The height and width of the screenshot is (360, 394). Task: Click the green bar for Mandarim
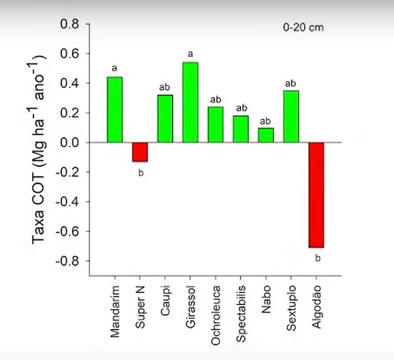point(115,109)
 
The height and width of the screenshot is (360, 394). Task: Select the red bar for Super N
point(140,152)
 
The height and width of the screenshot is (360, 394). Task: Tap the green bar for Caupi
point(165,119)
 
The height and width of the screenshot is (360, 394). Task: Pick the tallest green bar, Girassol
point(190,102)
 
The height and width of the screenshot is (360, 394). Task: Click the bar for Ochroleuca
point(216,124)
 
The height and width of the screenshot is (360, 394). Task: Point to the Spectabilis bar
point(240,129)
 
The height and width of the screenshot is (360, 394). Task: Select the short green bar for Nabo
point(266,135)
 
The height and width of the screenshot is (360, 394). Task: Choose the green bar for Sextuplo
point(291,116)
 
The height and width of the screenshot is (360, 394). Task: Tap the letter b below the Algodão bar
point(317,258)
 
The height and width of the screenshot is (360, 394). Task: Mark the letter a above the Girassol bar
point(190,54)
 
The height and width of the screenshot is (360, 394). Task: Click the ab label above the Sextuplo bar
point(291,83)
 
